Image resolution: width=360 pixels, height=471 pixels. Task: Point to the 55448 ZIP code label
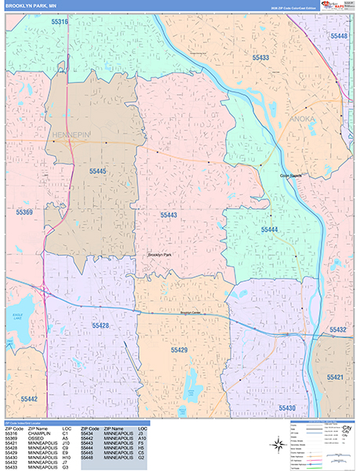(339, 36)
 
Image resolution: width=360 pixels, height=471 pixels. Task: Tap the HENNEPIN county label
(72, 135)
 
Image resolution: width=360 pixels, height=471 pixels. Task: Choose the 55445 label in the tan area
(97, 170)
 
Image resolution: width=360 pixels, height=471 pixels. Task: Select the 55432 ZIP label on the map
(339, 330)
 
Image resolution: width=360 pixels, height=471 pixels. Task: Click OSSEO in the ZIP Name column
(36, 438)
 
